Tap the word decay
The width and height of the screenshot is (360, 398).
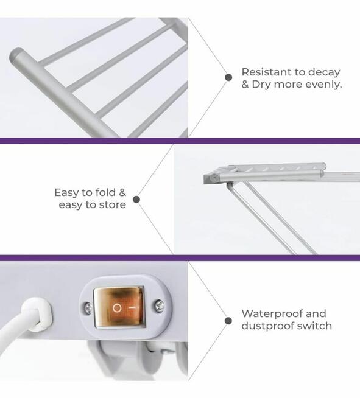(x=324, y=72)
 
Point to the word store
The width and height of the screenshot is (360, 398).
(x=112, y=205)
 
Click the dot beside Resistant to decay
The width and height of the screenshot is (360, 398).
(x=228, y=77)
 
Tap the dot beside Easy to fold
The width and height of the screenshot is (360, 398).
(x=136, y=200)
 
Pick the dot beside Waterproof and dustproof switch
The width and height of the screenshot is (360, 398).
(x=228, y=321)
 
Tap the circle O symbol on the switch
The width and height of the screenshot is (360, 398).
(x=117, y=308)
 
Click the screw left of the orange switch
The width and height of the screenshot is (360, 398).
(x=88, y=308)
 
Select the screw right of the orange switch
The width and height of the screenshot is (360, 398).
(x=160, y=305)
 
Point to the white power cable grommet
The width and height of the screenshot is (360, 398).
(x=38, y=314)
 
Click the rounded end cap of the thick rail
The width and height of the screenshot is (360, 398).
(x=16, y=57)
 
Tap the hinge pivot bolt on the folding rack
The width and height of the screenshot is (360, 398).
(x=214, y=178)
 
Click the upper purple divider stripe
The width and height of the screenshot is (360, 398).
(x=180, y=141)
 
